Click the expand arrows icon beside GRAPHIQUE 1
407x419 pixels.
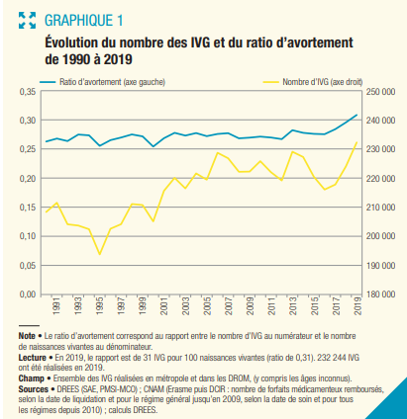tap(27, 21)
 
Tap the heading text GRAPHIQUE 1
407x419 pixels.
tap(84, 21)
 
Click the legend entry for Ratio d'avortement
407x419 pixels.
tap(102, 82)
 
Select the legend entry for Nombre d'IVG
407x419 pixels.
tap(312, 82)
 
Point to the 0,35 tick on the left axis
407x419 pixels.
tap(28, 92)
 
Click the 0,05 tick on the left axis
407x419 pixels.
tap(28, 266)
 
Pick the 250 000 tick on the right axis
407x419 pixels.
tap(380, 92)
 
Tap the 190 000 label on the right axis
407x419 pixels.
tap(380, 266)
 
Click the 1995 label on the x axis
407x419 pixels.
tap(100, 306)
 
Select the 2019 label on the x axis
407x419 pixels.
tap(357, 306)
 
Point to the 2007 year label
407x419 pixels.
tap(229, 306)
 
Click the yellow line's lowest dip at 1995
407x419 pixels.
tap(99, 254)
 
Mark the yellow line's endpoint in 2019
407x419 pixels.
tap(356, 142)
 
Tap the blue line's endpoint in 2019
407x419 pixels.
tap(356, 115)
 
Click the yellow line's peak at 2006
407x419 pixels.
tap(218, 152)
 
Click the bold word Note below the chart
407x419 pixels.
tap(27, 336)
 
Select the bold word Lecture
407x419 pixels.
tap(32, 358)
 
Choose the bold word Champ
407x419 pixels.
tap(31, 378)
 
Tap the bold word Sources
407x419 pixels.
tap(34, 389)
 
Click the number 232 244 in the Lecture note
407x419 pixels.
tap(330, 358)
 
